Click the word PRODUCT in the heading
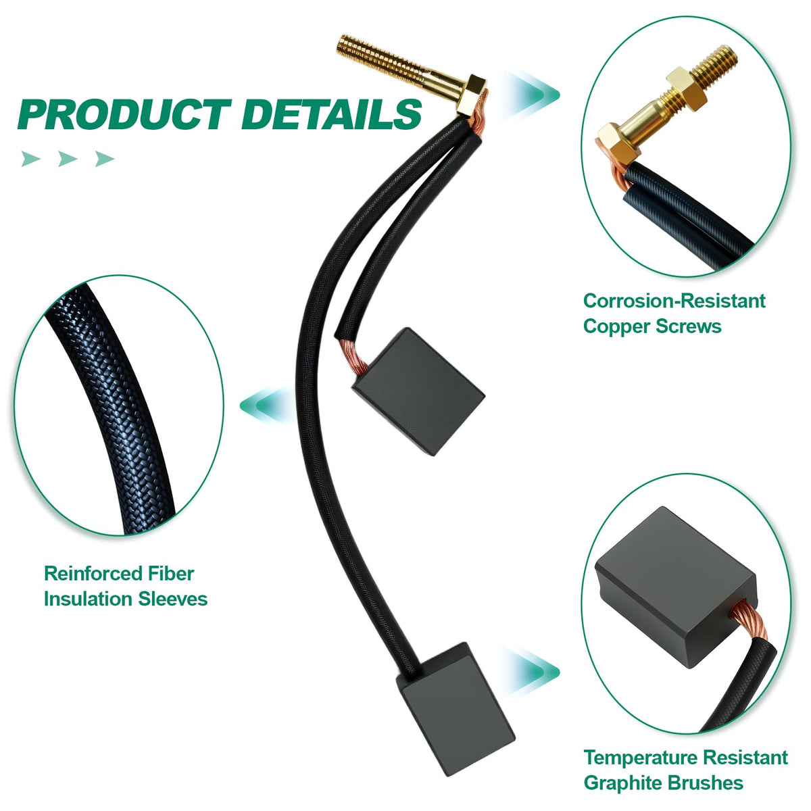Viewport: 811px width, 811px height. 124,114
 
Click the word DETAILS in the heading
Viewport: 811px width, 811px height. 332,114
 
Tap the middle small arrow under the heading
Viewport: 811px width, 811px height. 68,159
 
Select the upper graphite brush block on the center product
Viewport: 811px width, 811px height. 418,391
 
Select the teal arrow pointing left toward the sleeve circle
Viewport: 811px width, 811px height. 268,405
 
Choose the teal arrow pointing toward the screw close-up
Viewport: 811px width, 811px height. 531,95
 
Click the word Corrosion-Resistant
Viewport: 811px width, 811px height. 674,301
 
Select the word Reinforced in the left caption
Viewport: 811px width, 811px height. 92,574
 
